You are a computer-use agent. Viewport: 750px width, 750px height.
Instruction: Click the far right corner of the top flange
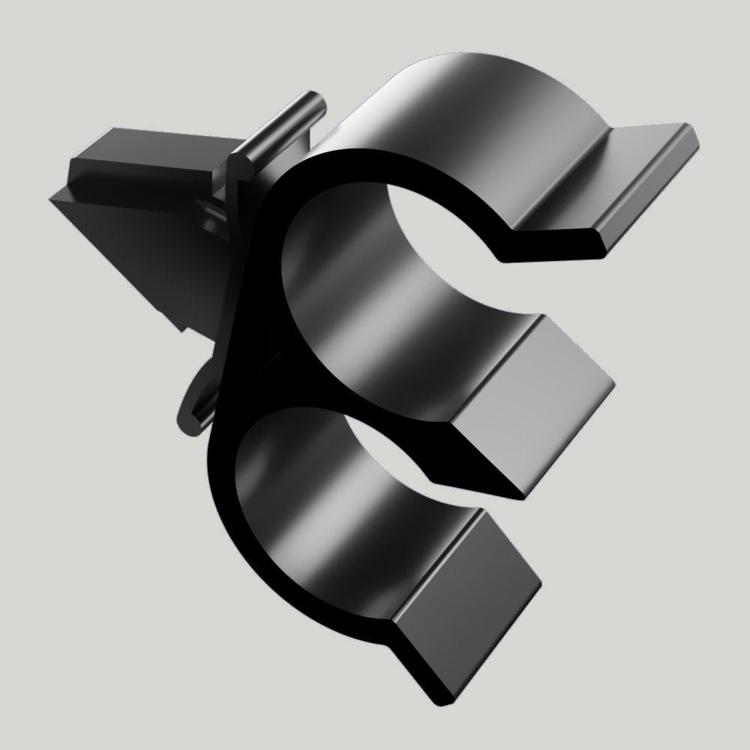click(x=694, y=135)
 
